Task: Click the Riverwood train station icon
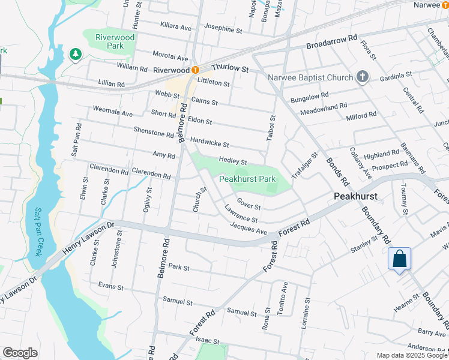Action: coord(195,70)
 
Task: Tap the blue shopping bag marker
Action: coord(399,259)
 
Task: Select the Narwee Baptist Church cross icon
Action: coord(361,76)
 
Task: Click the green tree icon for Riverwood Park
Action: coord(75,55)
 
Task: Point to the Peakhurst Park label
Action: coord(247,179)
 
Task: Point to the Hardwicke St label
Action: coord(209,143)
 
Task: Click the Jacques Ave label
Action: coord(248,228)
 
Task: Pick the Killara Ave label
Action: coord(175,27)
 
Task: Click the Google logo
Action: coord(20,353)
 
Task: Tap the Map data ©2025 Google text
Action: coord(411,355)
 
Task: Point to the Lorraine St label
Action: coord(307,310)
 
